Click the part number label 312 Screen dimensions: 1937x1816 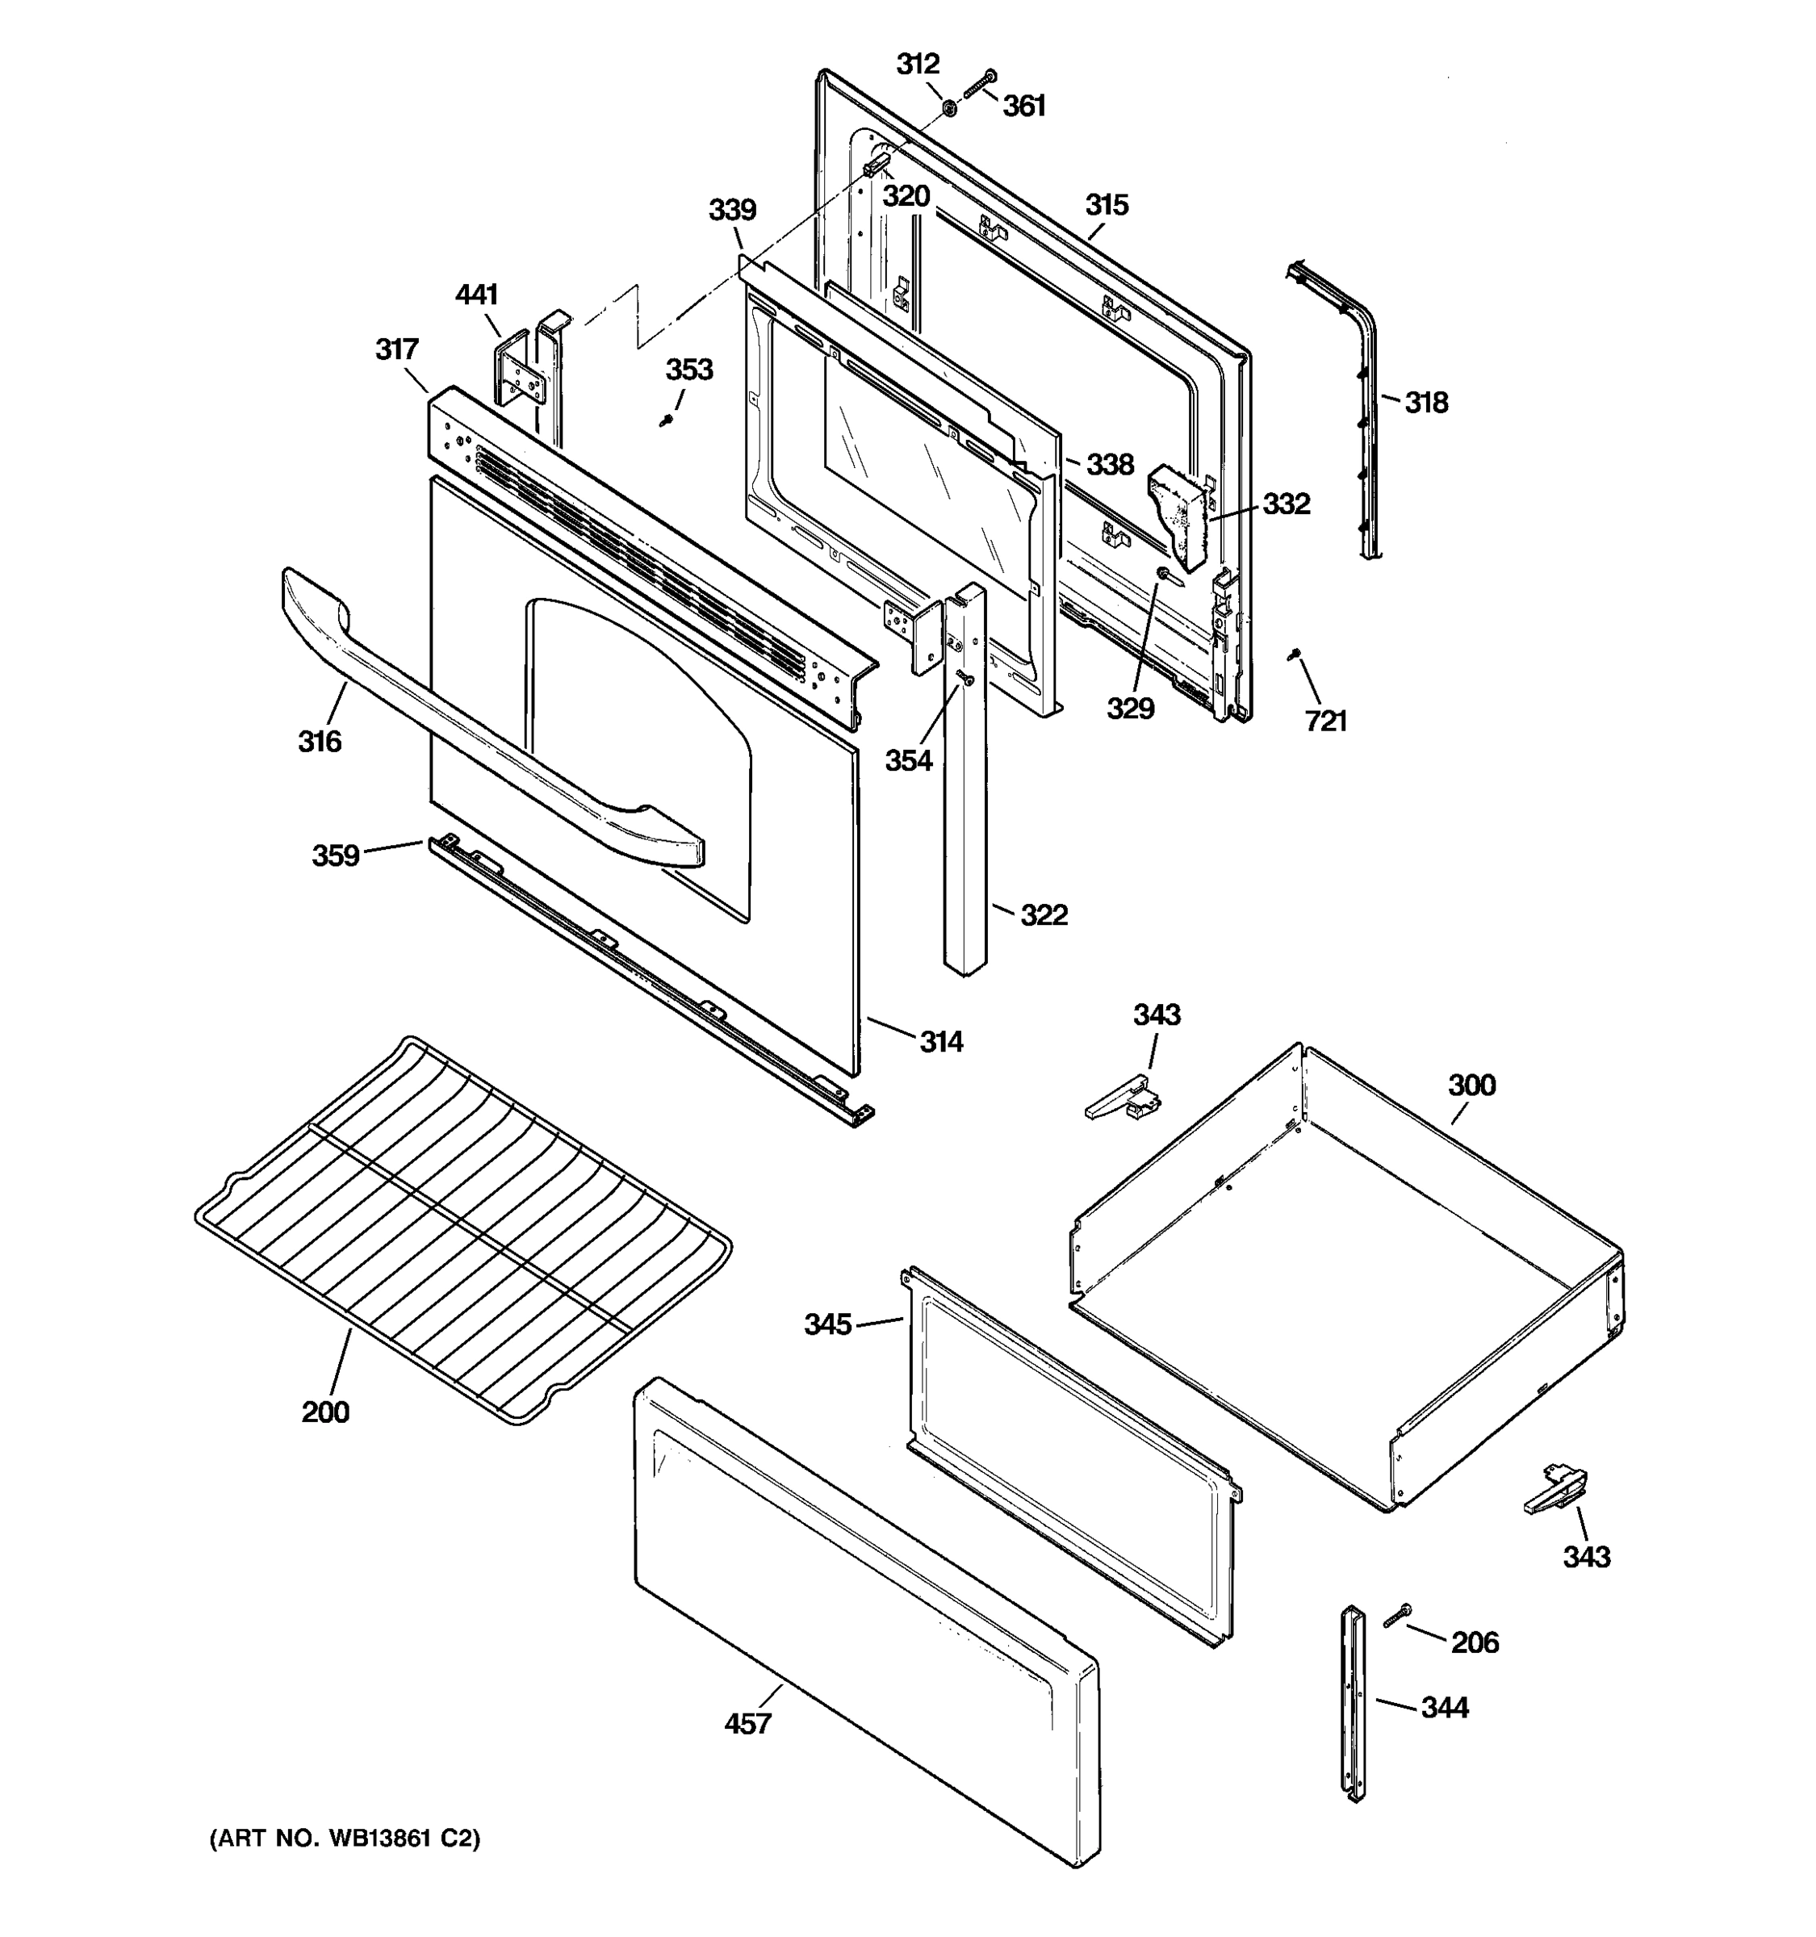[x=917, y=65]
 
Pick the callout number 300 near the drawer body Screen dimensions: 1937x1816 [x=1471, y=1085]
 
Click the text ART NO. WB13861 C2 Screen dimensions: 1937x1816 [x=345, y=1839]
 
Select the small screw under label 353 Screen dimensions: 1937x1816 [x=667, y=420]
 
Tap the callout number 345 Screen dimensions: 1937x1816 [x=827, y=1324]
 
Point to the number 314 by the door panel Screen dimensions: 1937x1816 [x=941, y=1042]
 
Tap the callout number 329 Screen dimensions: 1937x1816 [x=1130, y=709]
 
